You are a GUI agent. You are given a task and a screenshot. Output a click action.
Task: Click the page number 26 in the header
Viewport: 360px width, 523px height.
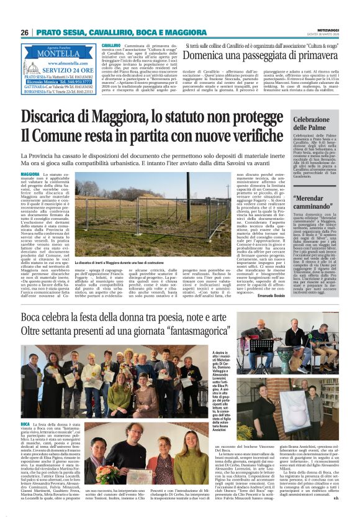pyautogui.click(x=25, y=32)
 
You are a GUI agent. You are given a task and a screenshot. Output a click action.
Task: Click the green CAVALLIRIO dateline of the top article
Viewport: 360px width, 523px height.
pyautogui.click(x=111, y=46)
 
